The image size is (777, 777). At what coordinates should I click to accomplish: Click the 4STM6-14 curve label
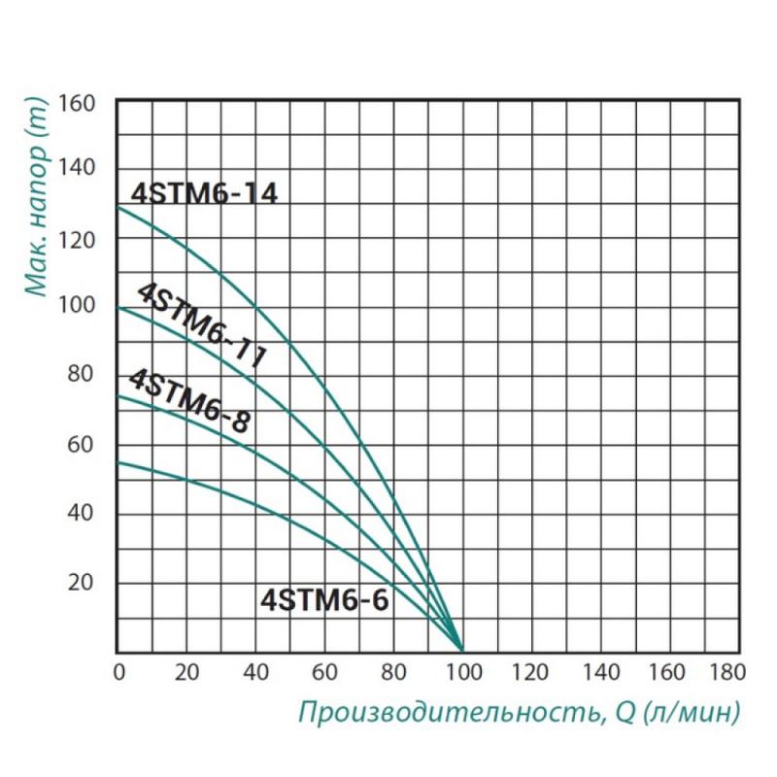(x=203, y=192)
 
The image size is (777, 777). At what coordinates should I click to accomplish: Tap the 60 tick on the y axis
(x=83, y=445)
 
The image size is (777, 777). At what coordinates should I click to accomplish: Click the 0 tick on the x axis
(x=118, y=671)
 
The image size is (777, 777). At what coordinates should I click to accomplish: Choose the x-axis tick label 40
(x=256, y=671)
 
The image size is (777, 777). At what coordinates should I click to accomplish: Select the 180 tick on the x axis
(x=726, y=671)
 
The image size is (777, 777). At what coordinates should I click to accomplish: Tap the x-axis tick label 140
(x=601, y=671)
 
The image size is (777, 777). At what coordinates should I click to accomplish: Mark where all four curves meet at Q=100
(x=462, y=650)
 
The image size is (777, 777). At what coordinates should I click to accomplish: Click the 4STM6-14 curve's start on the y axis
(x=118, y=205)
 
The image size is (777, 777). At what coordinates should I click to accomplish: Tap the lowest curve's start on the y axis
(x=118, y=462)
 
